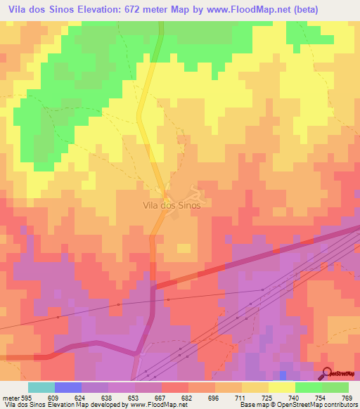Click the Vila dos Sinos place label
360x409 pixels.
pyautogui.click(x=172, y=206)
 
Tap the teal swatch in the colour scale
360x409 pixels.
pyautogui.click(x=41, y=387)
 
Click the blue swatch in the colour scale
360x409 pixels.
pyautogui.click(x=68, y=387)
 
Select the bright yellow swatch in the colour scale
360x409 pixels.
pyautogui.click(x=282, y=387)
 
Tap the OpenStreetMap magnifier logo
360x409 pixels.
pyautogui.click(x=328, y=373)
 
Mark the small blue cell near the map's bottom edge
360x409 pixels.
pyautogui.click(x=283, y=376)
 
